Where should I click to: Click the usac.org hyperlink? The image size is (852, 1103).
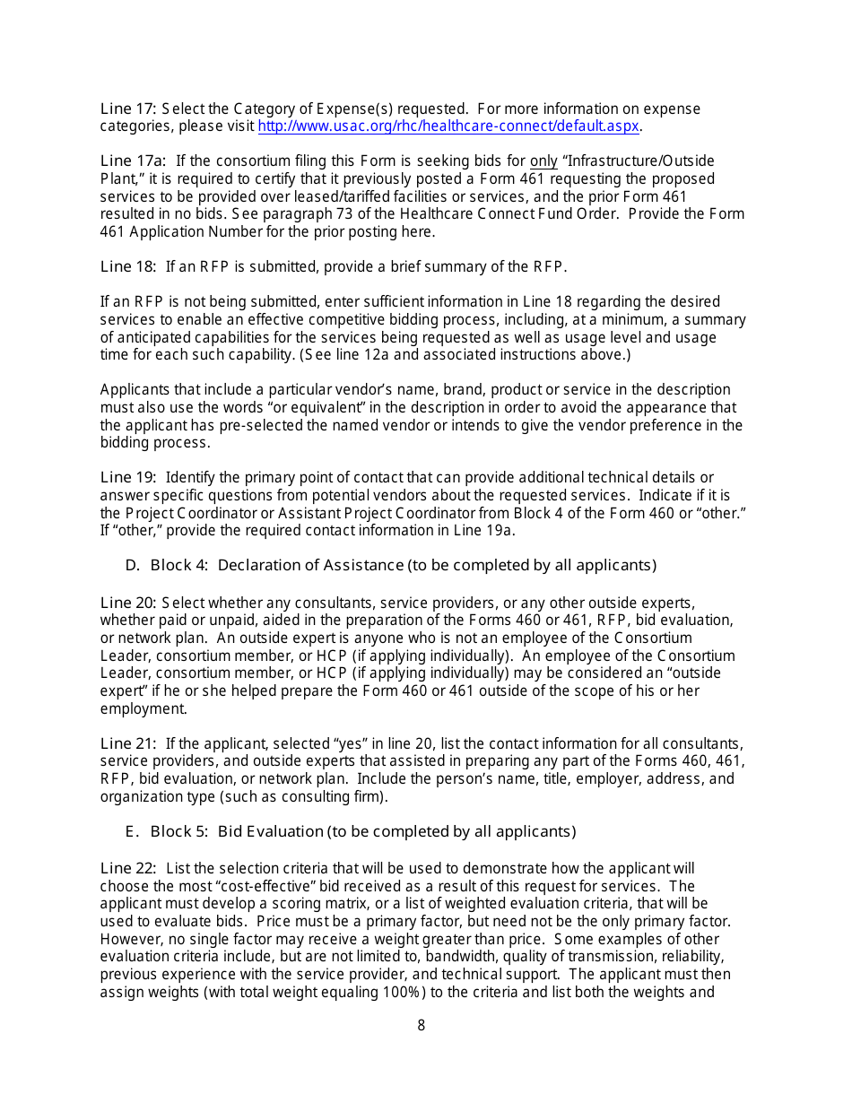coord(448,126)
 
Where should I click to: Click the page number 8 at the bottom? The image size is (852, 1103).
coord(422,1025)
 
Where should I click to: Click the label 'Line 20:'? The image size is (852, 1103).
coord(129,603)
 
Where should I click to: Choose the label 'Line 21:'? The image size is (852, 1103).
coord(129,743)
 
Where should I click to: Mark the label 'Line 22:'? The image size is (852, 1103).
coord(129,868)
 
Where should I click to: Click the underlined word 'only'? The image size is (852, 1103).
coord(543,161)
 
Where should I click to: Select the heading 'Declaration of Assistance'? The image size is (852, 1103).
coord(310,565)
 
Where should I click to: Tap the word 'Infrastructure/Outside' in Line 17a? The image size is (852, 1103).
coord(638,161)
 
